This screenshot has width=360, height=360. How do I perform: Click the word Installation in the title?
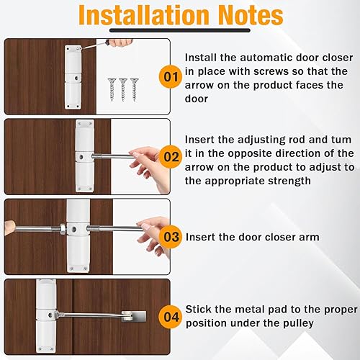(145, 15)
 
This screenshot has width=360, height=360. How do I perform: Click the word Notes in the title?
(251, 15)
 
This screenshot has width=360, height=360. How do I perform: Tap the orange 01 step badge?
(171, 77)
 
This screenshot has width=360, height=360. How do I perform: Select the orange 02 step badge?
(171, 157)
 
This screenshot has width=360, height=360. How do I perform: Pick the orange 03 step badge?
(171, 237)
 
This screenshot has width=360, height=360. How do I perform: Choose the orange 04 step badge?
(171, 317)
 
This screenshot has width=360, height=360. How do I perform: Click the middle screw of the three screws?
(123, 89)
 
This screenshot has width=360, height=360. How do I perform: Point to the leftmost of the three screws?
(112, 89)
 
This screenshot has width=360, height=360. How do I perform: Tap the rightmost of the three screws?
(134, 89)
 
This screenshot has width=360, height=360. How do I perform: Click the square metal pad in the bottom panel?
(134, 316)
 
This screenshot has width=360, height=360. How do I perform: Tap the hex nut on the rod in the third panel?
(62, 229)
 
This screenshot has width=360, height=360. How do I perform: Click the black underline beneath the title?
(180, 30)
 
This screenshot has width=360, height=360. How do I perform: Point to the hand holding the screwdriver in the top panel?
(120, 42)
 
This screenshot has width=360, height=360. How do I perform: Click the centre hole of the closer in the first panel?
(77, 78)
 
